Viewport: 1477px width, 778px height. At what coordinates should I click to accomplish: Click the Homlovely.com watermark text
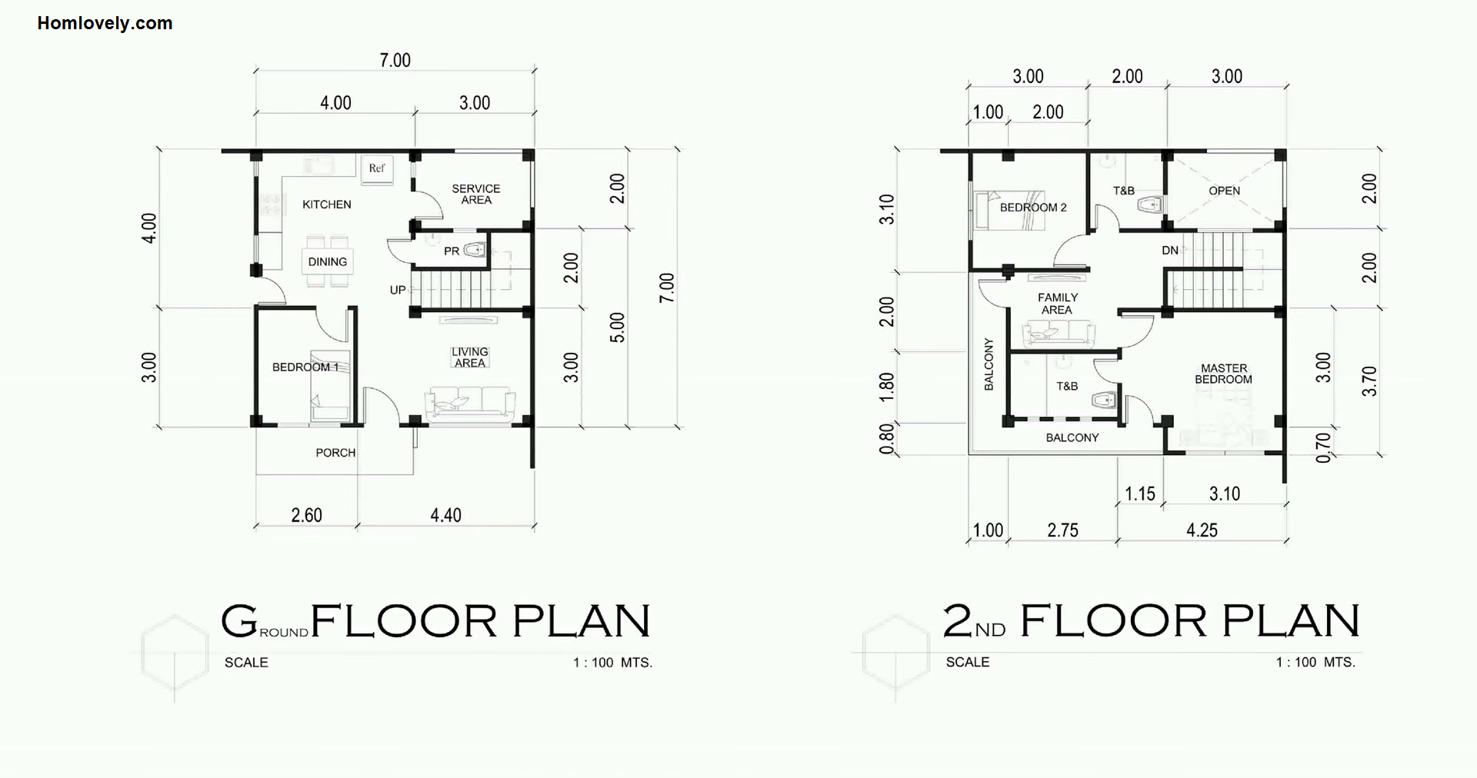[x=105, y=23]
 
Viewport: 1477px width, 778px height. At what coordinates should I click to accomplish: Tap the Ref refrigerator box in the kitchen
[x=377, y=170]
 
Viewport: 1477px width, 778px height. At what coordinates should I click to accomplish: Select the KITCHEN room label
[x=327, y=204]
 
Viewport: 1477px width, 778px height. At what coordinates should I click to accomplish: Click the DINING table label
[x=328, y=261]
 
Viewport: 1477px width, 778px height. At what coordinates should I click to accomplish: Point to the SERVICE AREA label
[x=476, y=194]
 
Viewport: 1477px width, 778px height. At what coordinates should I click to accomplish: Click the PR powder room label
[x=452, y=251]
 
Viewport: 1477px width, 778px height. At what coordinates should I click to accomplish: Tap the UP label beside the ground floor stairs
[x=398, y=290]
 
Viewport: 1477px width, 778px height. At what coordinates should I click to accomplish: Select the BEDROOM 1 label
[x=305, y=367]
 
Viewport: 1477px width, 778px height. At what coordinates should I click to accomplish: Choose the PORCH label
[x=335, y=453]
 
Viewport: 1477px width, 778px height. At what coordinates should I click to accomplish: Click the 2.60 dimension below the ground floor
[x=306, y=515]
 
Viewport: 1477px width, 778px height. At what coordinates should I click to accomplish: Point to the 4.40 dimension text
[x=446, y=515]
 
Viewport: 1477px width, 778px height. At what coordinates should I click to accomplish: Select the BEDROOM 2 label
[x=1033, y=208]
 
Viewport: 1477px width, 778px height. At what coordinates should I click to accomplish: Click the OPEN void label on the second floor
[x=1225, y=191]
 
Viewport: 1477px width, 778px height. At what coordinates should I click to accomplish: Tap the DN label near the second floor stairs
[x=1170, y=251]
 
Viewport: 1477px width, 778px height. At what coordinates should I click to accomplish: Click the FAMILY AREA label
[x=1058, y=304]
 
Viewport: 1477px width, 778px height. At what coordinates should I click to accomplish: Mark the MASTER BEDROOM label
[x=1224, y=374]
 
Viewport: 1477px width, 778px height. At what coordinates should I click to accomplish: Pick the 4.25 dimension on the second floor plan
[x=1202, y=530]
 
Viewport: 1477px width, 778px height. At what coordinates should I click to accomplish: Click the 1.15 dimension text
[x=1140, y=494]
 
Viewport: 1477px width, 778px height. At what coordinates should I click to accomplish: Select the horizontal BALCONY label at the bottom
[x=1072, y=437]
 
